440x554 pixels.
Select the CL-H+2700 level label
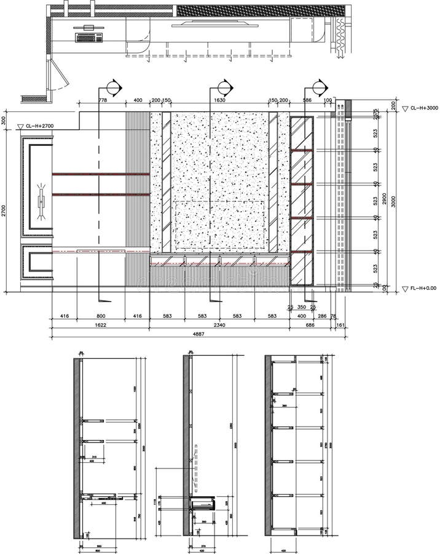point(41,126)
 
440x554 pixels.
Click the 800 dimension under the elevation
point(100,316)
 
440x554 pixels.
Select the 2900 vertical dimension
point(384,200)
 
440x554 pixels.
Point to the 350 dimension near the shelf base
point(301,307)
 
